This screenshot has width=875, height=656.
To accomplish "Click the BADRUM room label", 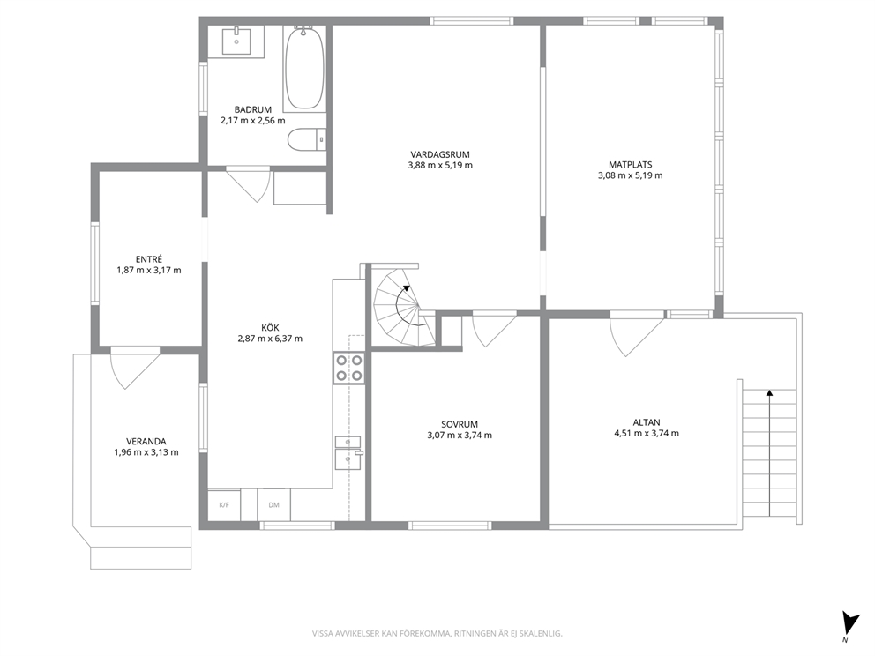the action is coord(253,110).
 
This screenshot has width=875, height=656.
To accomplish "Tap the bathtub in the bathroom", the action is coord(304,67).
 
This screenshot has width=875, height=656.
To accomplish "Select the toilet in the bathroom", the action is coord(307,139).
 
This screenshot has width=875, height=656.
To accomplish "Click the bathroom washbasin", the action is coord(236,41).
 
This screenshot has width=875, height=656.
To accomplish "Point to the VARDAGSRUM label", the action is coord(440,154).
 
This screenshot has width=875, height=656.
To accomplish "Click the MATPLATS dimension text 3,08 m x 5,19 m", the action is coord(631,175).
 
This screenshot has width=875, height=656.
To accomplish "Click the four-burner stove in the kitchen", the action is coord(349,369).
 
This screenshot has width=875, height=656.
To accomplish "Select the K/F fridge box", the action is coord(224,505).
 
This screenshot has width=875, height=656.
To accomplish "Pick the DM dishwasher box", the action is coord(274,505).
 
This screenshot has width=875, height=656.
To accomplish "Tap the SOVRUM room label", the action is coord(460,424).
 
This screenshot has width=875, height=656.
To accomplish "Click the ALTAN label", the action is coord(647,423).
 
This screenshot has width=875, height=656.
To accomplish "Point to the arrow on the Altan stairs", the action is coord(769,452).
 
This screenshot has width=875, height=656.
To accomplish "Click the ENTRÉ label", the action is coord(149,259).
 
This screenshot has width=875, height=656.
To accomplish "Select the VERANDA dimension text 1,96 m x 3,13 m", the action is coord(146,452).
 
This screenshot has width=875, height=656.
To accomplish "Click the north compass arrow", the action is coord(850,622).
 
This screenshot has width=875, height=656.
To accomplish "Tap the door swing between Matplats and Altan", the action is coord(636,335).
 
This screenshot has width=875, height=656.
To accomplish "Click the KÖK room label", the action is coord(270,328).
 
